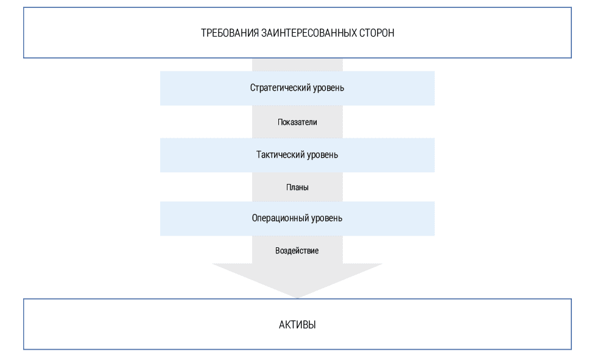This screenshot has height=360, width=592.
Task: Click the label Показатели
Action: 297,122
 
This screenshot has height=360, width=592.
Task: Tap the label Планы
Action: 297,188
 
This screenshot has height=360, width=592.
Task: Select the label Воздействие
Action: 297,251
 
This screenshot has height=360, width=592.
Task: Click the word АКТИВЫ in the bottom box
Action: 297,325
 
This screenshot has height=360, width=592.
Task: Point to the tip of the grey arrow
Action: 297,297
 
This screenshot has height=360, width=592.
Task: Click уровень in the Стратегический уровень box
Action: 329,88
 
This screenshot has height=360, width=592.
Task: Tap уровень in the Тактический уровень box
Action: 323,155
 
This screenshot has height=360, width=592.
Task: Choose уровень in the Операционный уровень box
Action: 327,218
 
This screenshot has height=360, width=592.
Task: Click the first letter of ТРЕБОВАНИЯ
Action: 203,33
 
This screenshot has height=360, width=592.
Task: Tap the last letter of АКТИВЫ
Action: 312,325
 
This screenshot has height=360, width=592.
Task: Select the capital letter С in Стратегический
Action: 253,88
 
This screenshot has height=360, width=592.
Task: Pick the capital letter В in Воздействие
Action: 278,251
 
